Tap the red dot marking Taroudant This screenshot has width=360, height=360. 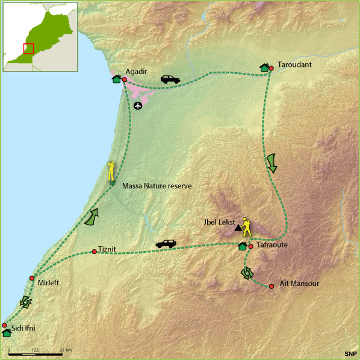point(271,69)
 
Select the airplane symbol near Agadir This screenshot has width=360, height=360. point(138,106)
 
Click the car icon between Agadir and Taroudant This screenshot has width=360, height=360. point(170,79)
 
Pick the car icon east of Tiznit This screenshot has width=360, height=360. point(166,243)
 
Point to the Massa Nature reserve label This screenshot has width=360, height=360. point(157,186)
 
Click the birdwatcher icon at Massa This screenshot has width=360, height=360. point(111,171)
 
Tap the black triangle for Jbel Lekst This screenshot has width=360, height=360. point(238,228)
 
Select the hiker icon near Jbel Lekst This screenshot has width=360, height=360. point(246,226)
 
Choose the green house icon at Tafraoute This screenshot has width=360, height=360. point(243,246)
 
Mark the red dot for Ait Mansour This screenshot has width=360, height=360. point(272,286)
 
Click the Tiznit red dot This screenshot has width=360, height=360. point(95,252)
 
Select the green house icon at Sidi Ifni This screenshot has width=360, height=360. point(7,332)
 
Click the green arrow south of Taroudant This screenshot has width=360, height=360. point(272,163)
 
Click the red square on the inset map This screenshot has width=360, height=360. point(28,49)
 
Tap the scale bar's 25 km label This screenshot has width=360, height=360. point(65,350)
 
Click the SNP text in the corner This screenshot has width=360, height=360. point(349,353)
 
